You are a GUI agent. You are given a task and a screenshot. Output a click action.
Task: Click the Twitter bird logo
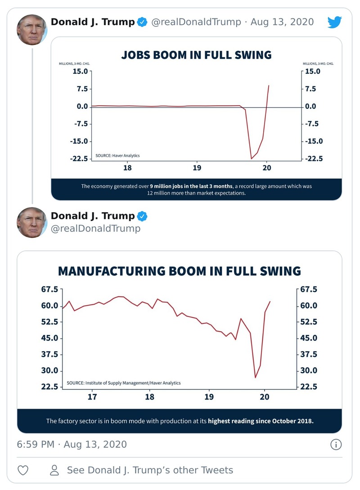334,22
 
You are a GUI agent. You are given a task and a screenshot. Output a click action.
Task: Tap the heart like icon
23,470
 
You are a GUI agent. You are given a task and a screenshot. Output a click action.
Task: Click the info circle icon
336,445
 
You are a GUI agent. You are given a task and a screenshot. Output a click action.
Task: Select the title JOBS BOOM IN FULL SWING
196,55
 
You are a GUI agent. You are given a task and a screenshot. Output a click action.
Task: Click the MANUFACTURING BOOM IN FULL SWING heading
180,271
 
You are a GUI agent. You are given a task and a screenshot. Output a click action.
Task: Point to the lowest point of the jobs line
252,158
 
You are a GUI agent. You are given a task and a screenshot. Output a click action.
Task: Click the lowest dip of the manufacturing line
255,378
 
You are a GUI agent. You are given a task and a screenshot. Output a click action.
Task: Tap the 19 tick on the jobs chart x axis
197,168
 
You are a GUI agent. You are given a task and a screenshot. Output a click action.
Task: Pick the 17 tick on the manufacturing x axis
93,397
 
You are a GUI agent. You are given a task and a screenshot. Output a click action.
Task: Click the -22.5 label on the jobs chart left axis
79,158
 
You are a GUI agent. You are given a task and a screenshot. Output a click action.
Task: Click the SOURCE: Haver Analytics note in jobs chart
117,156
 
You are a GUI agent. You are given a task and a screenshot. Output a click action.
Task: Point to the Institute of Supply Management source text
123,383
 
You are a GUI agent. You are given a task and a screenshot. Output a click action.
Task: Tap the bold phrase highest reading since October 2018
261,421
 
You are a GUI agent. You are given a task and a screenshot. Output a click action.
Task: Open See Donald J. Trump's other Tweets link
150,470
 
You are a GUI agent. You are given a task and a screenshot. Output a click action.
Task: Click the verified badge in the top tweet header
142,22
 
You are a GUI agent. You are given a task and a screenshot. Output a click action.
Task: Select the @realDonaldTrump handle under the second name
95,228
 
